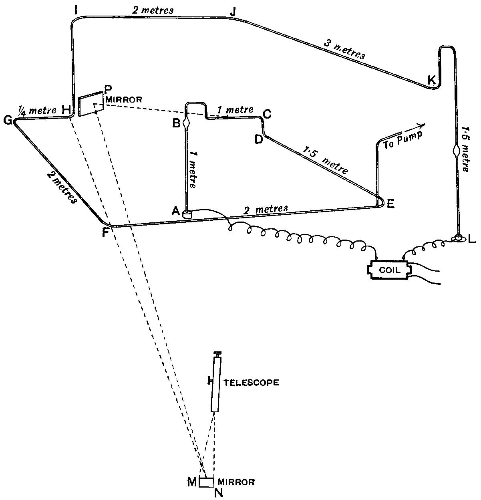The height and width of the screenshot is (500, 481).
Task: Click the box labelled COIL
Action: tap(389, 270)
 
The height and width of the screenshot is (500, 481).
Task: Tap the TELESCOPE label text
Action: tap(251, 382)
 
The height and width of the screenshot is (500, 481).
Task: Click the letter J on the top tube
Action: tap(233, 12)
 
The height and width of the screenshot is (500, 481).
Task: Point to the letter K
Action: tap(431, 80)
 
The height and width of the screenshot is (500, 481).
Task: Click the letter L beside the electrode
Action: tap(472, 240)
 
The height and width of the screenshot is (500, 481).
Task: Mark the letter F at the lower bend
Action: tap(105, 232)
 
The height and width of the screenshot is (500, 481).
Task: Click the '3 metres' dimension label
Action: tap(344, 50)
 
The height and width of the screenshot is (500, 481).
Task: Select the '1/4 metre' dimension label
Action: tap(37, 110)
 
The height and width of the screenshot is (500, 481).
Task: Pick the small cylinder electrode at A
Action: tap(187, 214)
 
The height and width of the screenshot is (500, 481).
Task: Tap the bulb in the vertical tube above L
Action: tap(457, 152)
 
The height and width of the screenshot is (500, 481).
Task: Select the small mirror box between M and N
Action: tap(206, 482)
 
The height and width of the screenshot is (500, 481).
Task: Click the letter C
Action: tap(268, 114)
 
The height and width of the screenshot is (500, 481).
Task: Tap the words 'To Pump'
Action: tap(398, 141)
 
